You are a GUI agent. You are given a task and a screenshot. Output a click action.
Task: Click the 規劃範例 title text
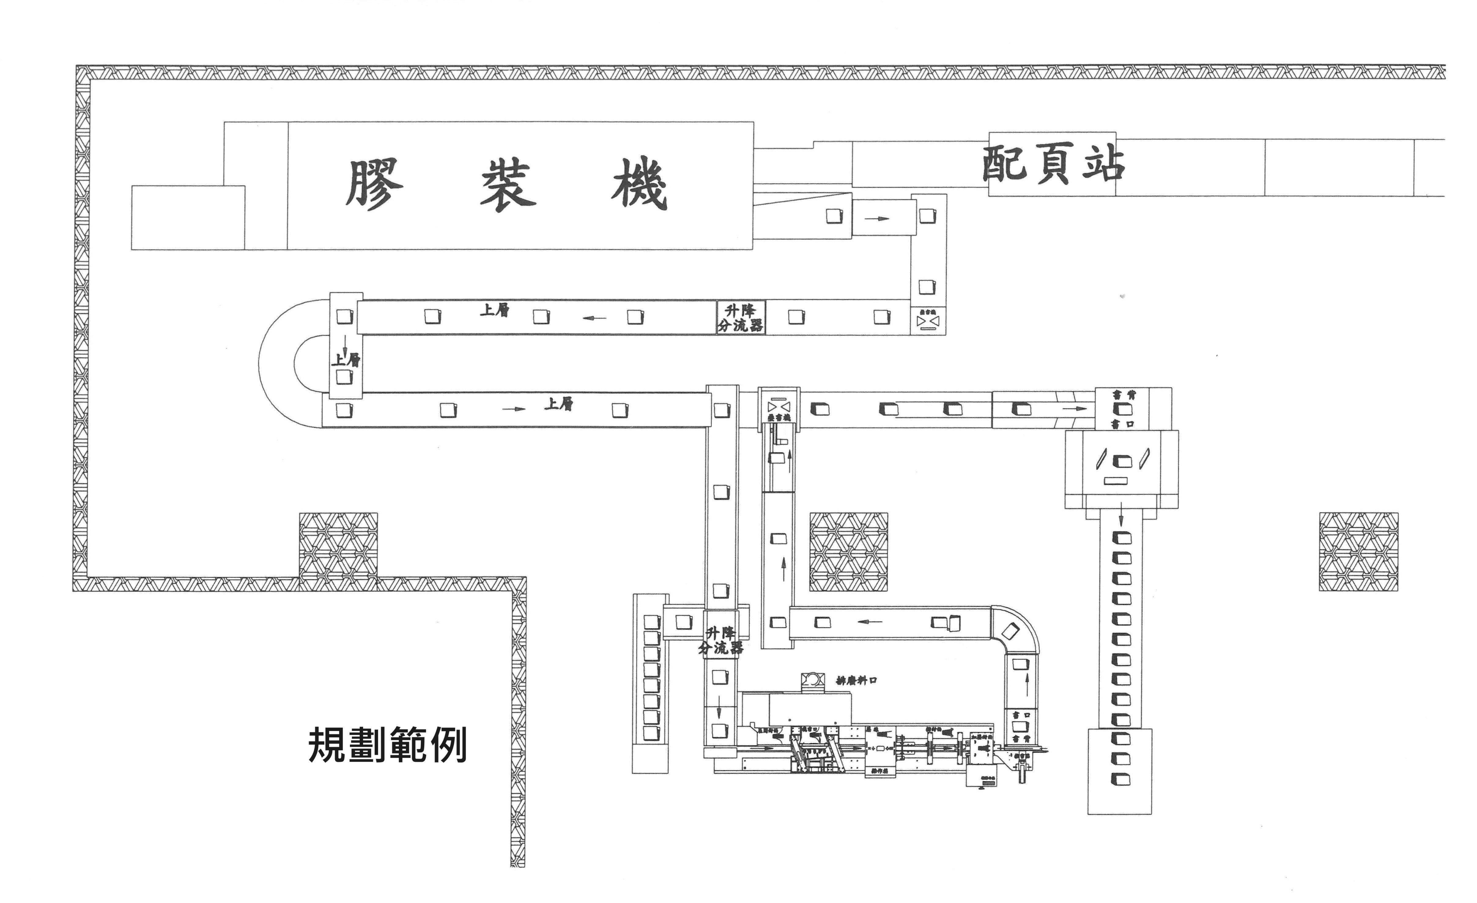387,745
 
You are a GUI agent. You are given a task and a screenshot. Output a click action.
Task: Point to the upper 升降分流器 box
741,318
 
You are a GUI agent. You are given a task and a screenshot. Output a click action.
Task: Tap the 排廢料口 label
857,680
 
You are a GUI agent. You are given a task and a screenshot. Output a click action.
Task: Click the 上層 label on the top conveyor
494,310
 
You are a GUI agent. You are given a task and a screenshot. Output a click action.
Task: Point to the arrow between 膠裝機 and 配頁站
876,218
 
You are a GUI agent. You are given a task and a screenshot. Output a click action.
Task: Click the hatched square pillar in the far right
1358,551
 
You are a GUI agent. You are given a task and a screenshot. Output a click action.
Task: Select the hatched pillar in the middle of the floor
848,551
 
